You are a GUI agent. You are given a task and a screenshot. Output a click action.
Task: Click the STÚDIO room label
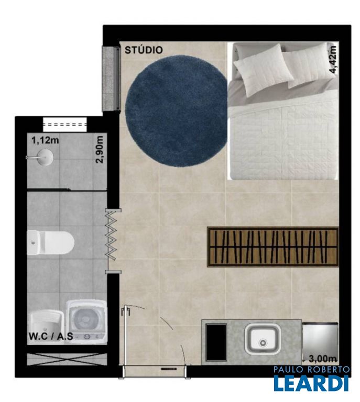(144, 50)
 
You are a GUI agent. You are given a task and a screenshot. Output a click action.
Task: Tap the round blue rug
(176, 111)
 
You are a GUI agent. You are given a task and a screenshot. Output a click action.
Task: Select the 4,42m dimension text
(333, 60)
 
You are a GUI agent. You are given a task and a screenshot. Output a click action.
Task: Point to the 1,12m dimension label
(45, 140)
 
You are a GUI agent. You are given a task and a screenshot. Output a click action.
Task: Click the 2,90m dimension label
(100, 150)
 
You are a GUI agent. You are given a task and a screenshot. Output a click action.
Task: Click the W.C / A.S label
(50, 336)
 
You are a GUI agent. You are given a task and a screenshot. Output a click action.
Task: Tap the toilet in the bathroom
(50, 242)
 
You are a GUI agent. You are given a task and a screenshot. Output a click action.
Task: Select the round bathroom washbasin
(45, 157)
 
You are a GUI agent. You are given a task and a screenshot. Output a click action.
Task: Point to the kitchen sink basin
(262, 339)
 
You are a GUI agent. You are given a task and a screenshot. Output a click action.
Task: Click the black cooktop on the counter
(216, 342)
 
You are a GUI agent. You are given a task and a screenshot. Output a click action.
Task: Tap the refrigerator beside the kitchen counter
(320, 339)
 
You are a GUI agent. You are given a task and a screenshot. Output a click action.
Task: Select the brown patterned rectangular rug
(273, 247)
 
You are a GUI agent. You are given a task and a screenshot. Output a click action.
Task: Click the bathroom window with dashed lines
(64, 125)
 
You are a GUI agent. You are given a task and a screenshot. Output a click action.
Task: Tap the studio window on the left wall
(112, 79)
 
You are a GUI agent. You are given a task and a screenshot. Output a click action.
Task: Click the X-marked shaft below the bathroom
(67, 359)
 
